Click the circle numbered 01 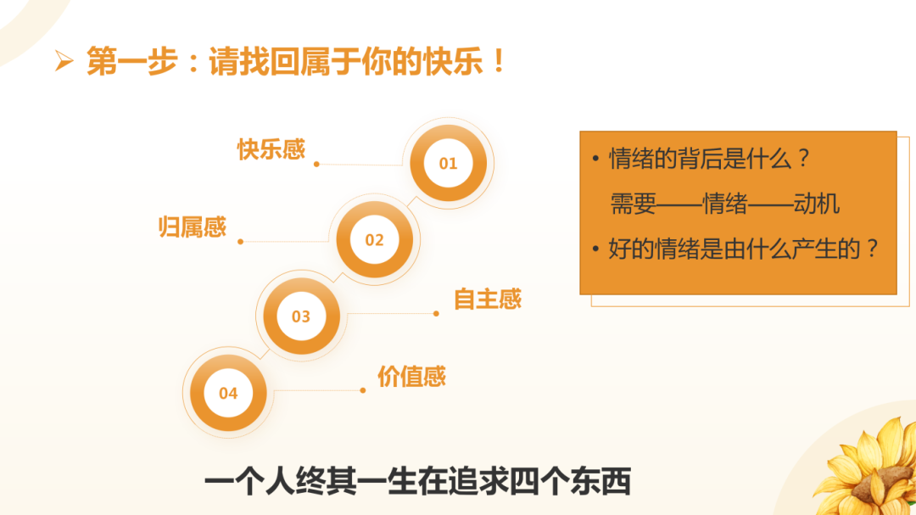tap(448, 163)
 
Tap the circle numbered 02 tap(374, 240)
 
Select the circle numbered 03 tap(301, 316)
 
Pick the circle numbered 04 tap(228, 393)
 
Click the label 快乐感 tap(271, 150)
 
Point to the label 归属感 tap(193, 227)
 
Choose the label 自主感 tap(488, 299)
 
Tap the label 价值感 tap(411, 377)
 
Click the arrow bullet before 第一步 tap(64, 62)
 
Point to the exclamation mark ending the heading tap(500, 62)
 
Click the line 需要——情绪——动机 tap(724, 204)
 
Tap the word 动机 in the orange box tap(816, 204)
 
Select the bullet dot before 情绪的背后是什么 tap(596, 160)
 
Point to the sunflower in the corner tap(869, 467)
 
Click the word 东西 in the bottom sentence tap(604, 482)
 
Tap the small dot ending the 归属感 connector tap(241, 242)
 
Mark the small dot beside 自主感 tap(436, 313)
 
